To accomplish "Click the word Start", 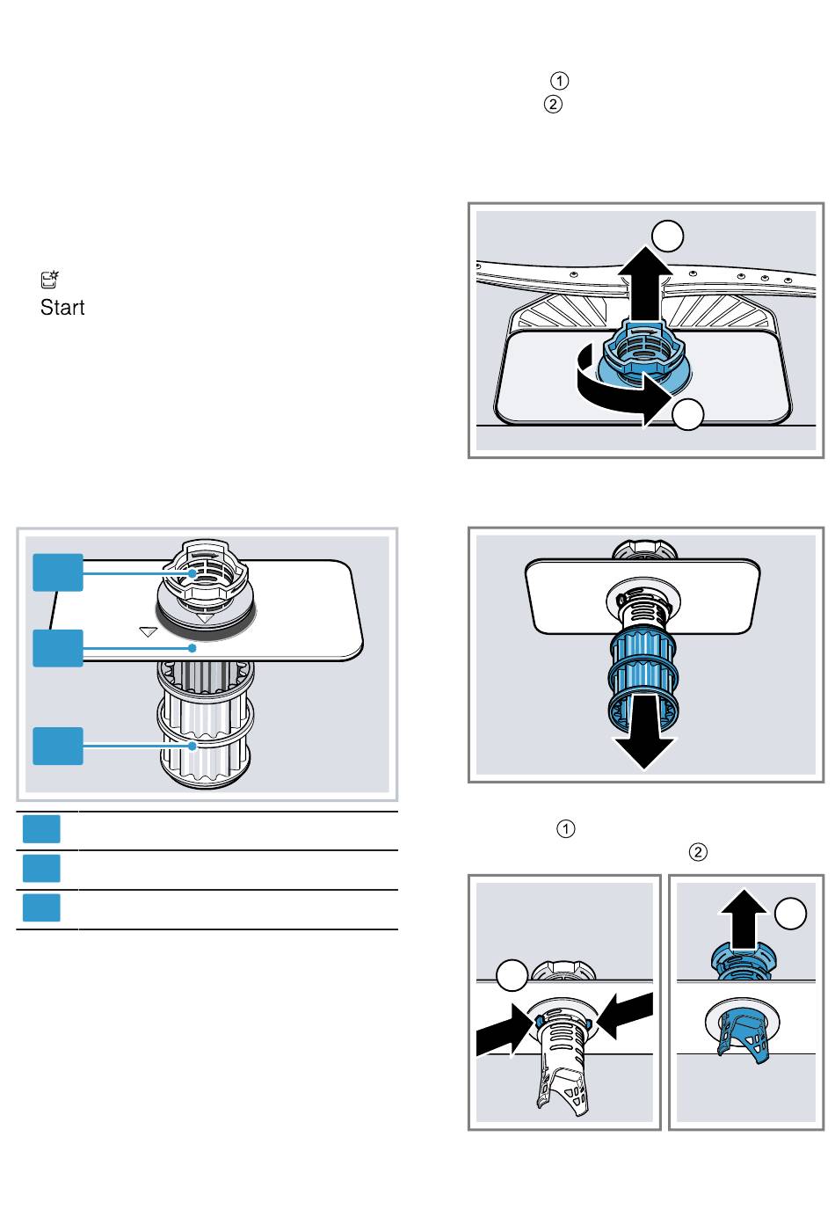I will (x=62, y=308).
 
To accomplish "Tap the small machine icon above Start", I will (x=49, y=280).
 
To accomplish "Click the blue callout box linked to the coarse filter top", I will (x=58, y=572).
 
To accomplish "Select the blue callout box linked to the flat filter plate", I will (x=58, y=648).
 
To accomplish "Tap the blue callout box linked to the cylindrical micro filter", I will (x=58, y=746).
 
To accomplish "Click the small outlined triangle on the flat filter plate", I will (x=148, y=630).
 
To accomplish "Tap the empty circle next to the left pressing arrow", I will (x=512, y=976).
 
